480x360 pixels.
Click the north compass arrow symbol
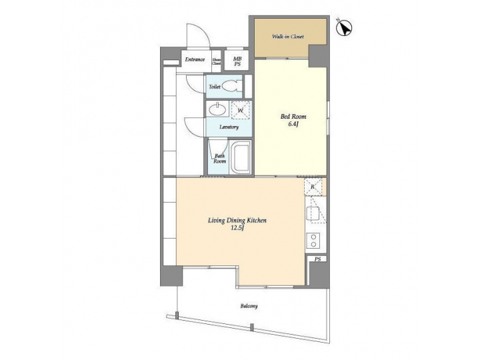[345, 28]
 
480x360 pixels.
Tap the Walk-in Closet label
[288, 36]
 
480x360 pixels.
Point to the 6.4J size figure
[292, 124]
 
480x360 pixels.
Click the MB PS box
[237, 61]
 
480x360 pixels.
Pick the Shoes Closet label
[217, 61]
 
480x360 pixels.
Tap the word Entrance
[195, 59]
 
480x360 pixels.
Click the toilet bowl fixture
[231, 87]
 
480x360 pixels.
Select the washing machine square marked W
[241, 110]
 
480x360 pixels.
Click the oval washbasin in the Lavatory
[217, 109]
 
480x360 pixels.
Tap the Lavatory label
[230, 126]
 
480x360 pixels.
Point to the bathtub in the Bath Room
[241, 158]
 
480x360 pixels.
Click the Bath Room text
[219, 159]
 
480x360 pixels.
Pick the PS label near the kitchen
[317, 259]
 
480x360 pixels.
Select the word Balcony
[249, 306]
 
